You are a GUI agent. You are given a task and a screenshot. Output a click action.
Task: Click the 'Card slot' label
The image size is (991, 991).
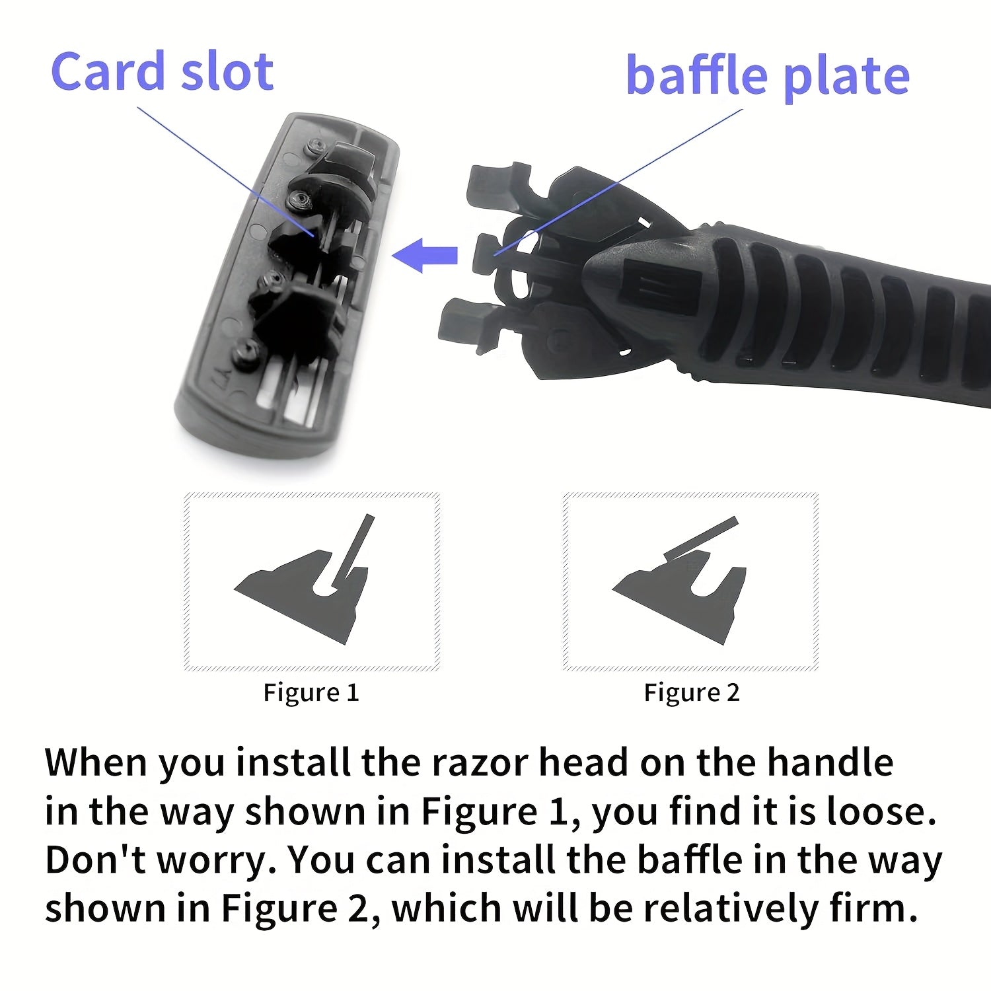pyautogui.click(x=162, y=71)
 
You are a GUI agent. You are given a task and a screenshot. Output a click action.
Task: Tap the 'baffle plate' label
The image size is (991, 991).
pyautogui.click(x=768, y=76)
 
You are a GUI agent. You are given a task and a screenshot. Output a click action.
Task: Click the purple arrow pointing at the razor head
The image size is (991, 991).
pyautogui.click(x=425, y=255)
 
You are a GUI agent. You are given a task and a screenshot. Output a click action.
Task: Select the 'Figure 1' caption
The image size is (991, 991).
pyautogui.click(x=311, y=692)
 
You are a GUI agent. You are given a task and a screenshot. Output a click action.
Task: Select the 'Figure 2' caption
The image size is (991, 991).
pyautogui.click(x=692, y=692)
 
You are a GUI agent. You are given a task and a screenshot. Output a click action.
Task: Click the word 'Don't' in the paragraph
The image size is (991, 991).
pyautogui.click(x=96, y=860)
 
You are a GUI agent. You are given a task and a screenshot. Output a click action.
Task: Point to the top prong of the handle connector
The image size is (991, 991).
pyautogui.click(x=499, y=185)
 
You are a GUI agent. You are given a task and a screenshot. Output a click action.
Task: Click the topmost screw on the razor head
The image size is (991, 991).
pyautogui.click(x=316, y=147)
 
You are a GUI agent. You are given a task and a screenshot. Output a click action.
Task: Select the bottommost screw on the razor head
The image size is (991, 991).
pyautogui.click(x=247, y=350)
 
